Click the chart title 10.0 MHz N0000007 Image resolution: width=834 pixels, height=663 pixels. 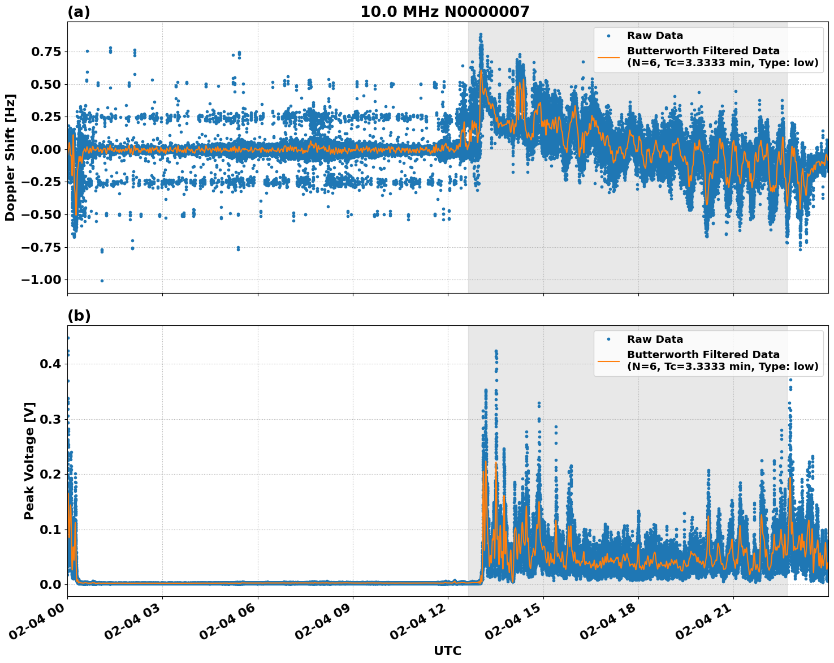tap(445, 12)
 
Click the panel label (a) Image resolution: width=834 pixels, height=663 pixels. tap(79, 12)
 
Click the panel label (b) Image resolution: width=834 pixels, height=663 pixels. tap(79, 316)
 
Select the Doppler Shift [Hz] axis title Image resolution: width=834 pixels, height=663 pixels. tap(10, 157)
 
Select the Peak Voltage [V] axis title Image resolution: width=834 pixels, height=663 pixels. tap(29, 460)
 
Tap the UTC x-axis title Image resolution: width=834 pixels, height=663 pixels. tap(447, 651)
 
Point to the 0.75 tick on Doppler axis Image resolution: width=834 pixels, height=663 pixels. tap(45, 51)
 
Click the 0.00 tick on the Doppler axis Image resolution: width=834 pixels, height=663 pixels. tap(45, 149)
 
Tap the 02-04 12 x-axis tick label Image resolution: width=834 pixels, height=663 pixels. tap(421, 622)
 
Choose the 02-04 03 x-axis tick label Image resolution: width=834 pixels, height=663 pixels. tap(136, 622)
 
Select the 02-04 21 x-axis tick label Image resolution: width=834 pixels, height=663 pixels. tap(707, 622)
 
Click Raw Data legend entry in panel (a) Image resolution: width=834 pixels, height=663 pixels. tap(655, 36)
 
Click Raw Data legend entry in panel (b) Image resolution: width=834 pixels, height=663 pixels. tap(655, 339)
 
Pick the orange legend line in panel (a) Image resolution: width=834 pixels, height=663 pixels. tap(608, 57)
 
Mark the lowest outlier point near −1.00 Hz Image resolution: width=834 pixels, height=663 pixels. tap(102, 281)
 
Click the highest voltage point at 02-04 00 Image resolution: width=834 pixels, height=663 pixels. tap(68, 338)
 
